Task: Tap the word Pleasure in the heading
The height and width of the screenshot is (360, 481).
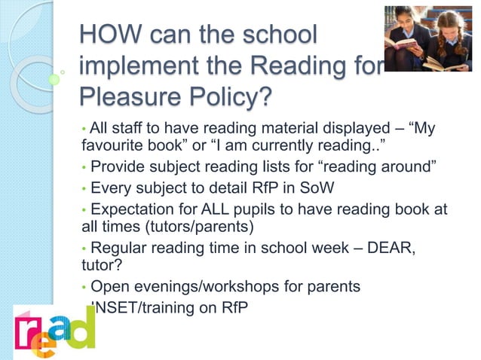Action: coord(127,98)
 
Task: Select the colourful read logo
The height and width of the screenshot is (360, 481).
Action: coord(54,328)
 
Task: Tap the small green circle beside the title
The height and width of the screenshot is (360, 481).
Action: coord(54,79)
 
